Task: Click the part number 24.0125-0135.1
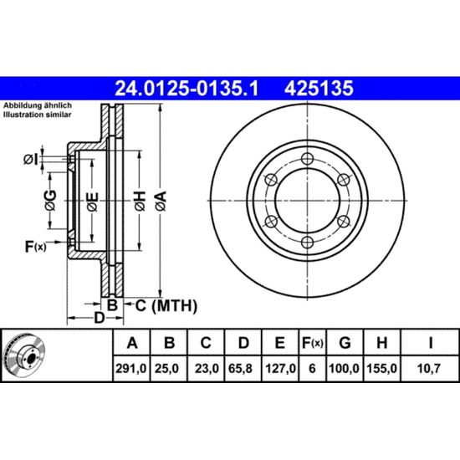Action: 187,89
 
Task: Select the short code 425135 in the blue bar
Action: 319,89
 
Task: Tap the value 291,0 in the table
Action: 130,369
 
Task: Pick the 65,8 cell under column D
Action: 240,369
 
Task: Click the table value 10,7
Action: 428,369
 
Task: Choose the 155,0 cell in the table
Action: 382,369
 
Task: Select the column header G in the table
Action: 345,343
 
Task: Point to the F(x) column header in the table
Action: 313,343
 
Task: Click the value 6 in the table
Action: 312,369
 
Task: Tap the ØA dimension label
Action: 161,201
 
